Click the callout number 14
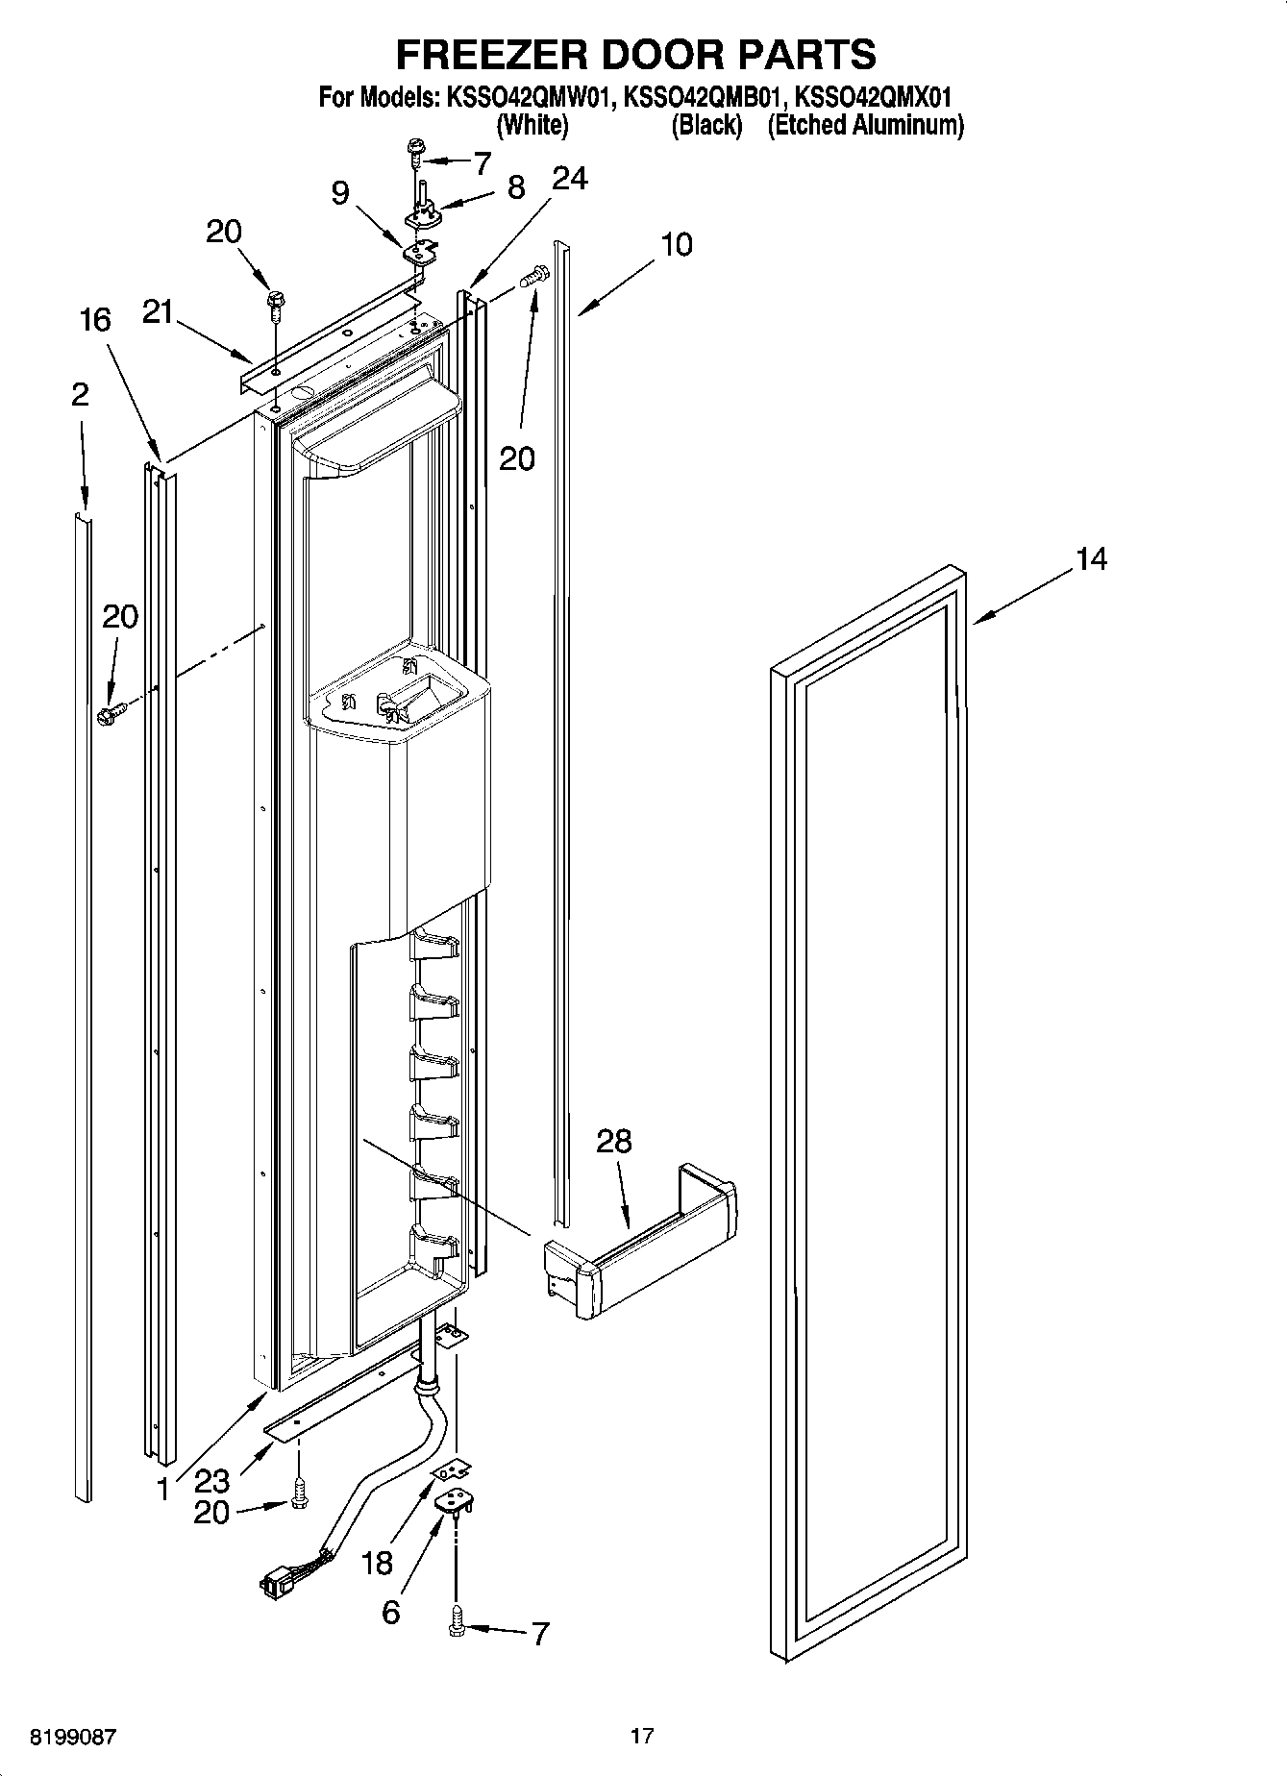click(1091, 558)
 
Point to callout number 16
click(95, 320)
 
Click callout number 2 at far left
click(80, 394)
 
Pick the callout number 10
click(677, 245)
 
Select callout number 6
click(390, 1612)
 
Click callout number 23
click(211, 1480)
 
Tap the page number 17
click(642, 1736)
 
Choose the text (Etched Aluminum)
click(864, 125)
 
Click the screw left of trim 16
click(111, 713)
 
